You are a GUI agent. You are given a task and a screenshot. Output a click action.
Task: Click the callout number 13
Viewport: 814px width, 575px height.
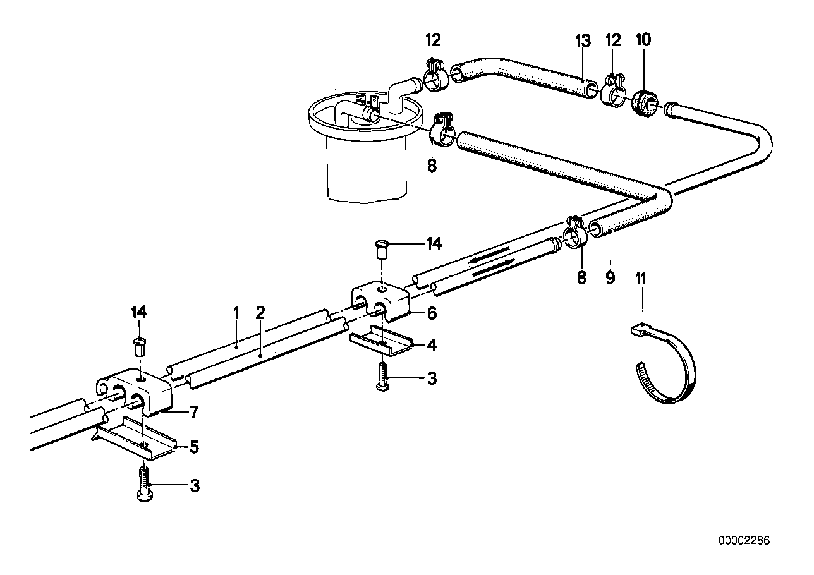pyautogui.click(x=582, y=42)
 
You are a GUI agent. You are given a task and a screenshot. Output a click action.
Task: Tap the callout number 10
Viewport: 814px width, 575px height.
pyautogui.click(x=643, y=40)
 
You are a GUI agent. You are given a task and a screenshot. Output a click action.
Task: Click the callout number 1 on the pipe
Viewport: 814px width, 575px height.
pyautogui.click(x=236, y=312)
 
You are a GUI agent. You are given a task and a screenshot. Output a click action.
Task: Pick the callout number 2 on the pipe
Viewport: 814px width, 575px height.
pyautogui.click(x=259, y=312)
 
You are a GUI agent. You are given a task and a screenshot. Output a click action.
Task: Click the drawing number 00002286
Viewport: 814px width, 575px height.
pyautogui.click(x=744, y=542)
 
